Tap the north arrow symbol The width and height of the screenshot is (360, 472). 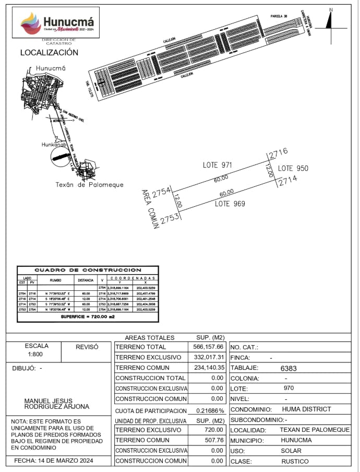[330, 21]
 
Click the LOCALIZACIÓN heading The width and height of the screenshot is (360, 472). [49, 53]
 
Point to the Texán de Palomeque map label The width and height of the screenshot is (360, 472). [89, 185]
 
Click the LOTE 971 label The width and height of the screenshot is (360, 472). [217, 165]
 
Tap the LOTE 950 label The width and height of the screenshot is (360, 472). [293, 169]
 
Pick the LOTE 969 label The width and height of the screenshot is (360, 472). [230, 204]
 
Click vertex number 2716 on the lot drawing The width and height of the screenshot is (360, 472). [279, 153]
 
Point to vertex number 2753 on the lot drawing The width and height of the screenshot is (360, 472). [170, 219]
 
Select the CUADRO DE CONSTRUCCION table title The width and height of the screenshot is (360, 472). [88, 270]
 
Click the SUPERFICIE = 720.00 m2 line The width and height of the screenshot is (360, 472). [88, 317]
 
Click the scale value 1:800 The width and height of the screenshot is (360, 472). [37, 354]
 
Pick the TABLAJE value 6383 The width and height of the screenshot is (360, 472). [288, 368]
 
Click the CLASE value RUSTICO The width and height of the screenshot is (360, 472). [295, 461]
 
